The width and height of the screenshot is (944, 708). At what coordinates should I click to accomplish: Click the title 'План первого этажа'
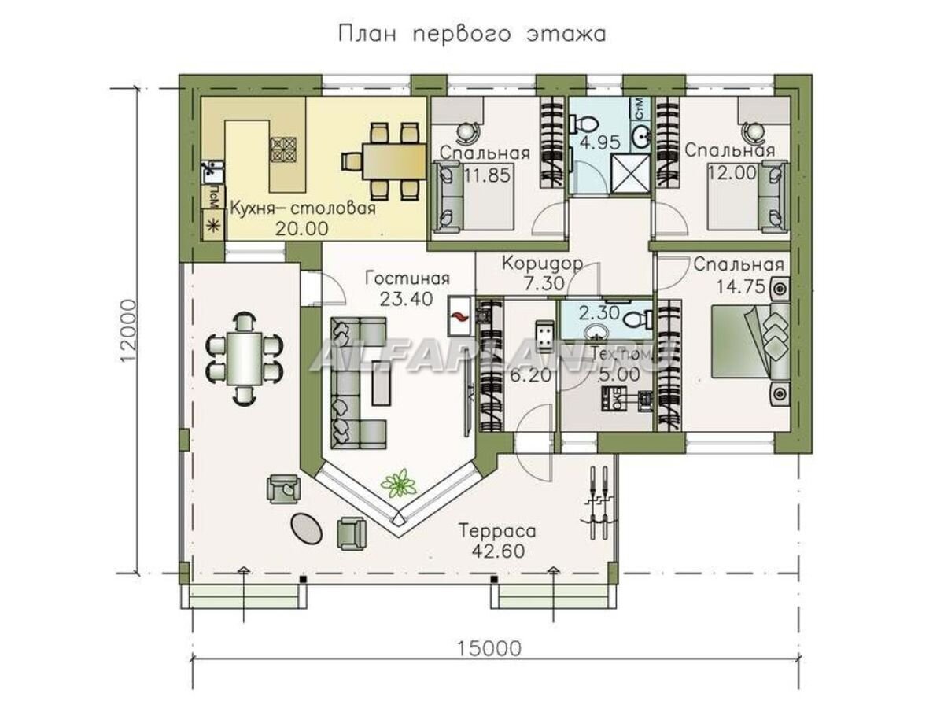click(x=471, y=35)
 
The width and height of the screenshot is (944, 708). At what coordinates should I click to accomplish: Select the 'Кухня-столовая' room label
click(x=302, y=209)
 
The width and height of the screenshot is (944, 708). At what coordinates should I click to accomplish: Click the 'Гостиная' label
click(x=407, y=278)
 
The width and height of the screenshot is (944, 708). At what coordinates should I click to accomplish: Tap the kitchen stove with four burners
click(x=282, y=148)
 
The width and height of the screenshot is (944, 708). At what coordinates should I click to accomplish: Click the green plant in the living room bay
click(x=401, y=483)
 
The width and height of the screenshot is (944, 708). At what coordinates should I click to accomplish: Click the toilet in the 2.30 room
click(x=640, y=316)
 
